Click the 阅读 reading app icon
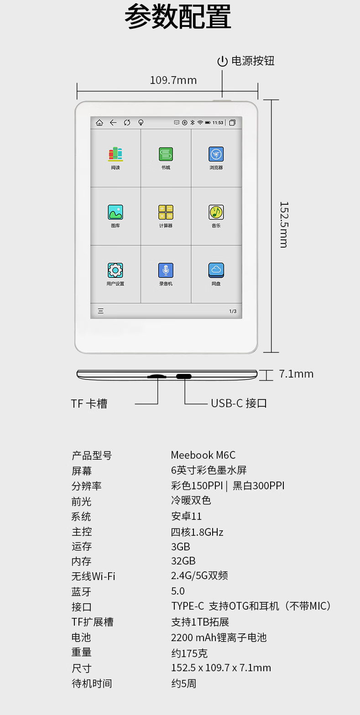coord(115,154)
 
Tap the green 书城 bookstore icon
coord(166,154)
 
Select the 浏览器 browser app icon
coord(216,154)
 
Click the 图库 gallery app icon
coord(115,212)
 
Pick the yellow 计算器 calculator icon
coord(166,212)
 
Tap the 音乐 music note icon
coord(216,212)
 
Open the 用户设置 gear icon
coord(115,270)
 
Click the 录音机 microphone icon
coord(166,270)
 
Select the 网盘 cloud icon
coord(216,270)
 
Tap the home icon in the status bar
coord(99,123)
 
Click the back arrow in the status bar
coord(113,123)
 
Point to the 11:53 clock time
coord(218,123)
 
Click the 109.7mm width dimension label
coord(173,80)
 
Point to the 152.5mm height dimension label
coord(284,225)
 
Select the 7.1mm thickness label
coord(296,374)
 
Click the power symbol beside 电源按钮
coord(222,61)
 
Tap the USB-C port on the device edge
coord(184,377)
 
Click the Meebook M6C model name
coord(203,455)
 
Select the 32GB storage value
coord(183,561)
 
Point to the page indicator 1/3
coord(233,311)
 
